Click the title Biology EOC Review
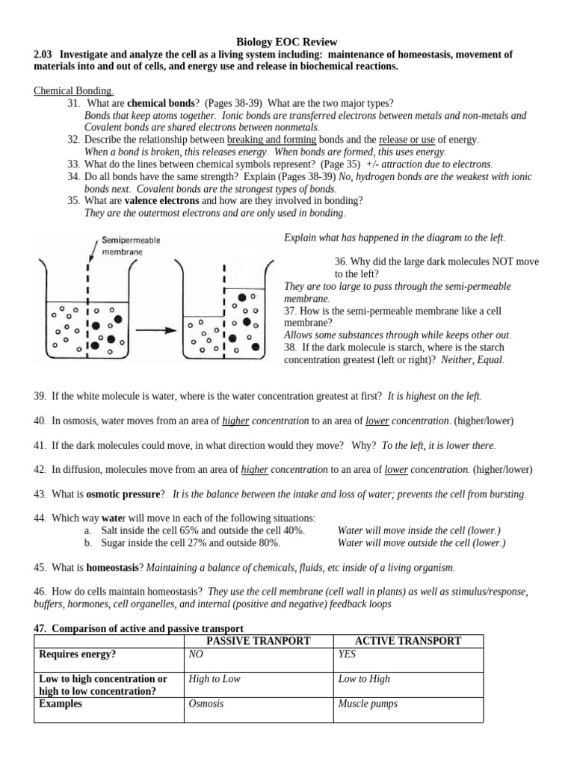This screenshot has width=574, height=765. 287,43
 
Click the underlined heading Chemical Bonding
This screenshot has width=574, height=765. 73,90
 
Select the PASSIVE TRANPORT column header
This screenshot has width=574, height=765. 258,641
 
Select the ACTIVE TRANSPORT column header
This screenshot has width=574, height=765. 408,641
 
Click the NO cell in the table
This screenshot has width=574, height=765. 197,654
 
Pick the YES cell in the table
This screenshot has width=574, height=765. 348,654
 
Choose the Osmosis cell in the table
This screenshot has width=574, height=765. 207,704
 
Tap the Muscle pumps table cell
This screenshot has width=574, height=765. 367,704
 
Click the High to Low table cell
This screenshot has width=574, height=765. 215,679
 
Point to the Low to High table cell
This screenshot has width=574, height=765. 364,679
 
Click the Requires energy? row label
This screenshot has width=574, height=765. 79,654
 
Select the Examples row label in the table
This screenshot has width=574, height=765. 61,704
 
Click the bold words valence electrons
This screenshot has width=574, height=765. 162,201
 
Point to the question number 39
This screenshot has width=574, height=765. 40,395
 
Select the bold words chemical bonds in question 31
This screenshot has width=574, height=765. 161,103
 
